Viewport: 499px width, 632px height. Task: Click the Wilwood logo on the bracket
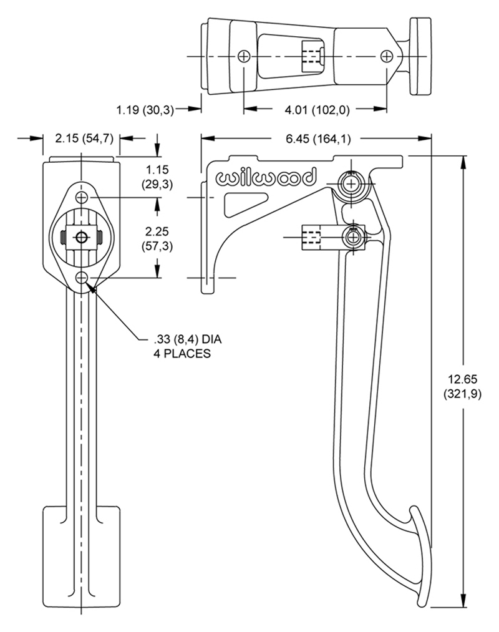pos(266,178)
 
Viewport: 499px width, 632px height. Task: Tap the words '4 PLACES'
pos(182,353)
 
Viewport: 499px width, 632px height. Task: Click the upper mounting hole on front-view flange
pos(82,198)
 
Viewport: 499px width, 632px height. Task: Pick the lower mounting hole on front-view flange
pos(82,277)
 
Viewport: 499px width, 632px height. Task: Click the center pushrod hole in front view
pos(82,237)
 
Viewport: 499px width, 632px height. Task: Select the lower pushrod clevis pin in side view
pos(353,237)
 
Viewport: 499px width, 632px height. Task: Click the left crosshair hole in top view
pos(244,56)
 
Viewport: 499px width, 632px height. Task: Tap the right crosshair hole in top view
pos(387,56)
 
